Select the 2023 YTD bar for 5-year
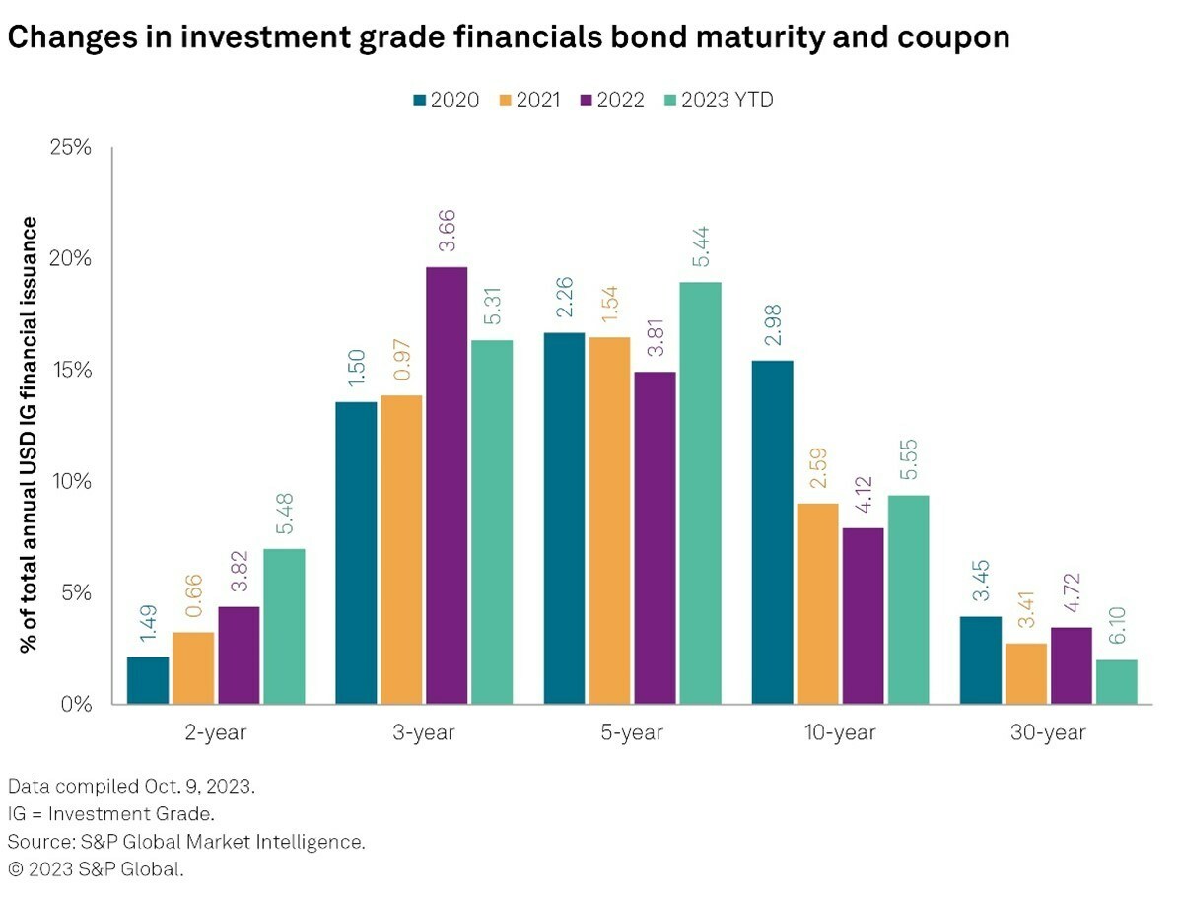[x=699, y=493]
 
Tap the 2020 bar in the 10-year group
[x=772, y=532]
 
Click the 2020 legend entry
[x=447, y=100]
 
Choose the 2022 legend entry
[x=611, y=100]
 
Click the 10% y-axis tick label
[x=71, y=481]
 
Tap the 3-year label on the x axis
[x=424, y=732]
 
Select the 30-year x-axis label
[x=1047, y=732]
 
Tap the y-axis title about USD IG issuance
[x=30, y=434]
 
